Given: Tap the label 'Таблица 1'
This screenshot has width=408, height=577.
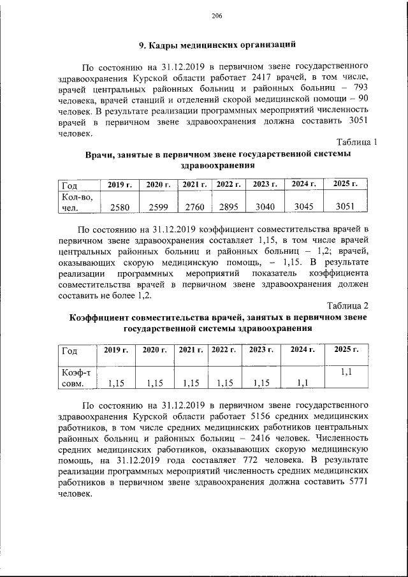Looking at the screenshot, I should (x=356, y=142).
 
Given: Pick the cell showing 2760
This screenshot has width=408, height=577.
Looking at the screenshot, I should (x=194, y=207).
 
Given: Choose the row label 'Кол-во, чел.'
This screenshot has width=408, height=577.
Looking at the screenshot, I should (x=75, y=202).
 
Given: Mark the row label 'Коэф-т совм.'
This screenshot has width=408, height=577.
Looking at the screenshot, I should (x=75, y=377).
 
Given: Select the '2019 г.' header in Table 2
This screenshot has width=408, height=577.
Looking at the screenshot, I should (x=115, y=349).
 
